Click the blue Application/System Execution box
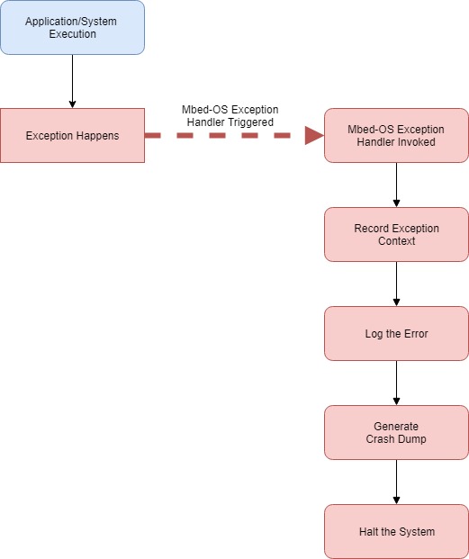[72, 28]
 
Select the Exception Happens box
[72, 136]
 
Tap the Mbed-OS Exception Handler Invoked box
[396, 136]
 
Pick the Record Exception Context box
[396, 235]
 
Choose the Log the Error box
[396, 334]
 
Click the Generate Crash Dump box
[396, 433]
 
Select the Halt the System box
[396, 531]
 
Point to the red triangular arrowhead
[313, 136]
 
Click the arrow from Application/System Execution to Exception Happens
[72, 81]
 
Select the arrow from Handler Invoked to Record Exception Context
[396, 185]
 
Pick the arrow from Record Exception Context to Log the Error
[396, 284]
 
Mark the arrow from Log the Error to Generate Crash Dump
[396, 383]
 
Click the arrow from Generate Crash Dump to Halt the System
[396, 482]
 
